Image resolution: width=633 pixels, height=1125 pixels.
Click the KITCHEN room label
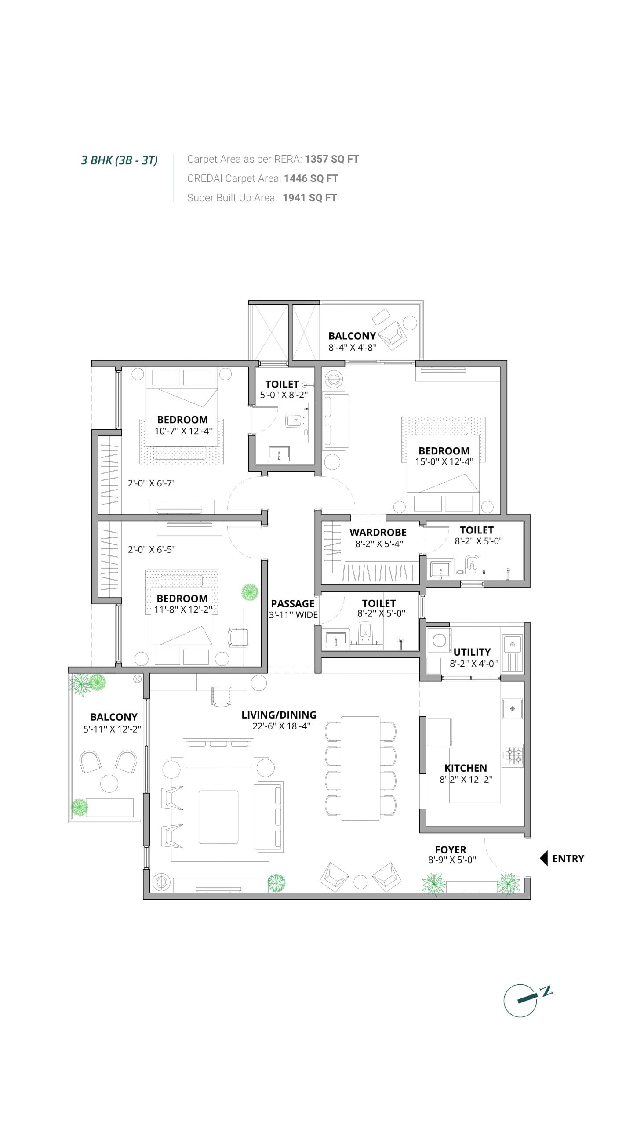[x=466, y=768]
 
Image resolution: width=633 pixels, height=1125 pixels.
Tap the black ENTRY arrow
[x=544, y=858]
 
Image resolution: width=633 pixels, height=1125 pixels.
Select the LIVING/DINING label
[x=279, y=715]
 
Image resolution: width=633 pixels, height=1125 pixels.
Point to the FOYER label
[x=451, y=849]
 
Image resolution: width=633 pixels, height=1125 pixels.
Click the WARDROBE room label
[x=378, y=532]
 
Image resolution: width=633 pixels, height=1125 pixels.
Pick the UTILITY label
[x=472, y=652]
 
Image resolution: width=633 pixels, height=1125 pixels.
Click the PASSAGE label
[x=293, y=604]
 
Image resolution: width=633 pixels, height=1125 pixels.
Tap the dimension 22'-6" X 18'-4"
[x=281, y=726]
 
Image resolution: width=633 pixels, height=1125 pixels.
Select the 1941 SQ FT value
[x=310, y=198]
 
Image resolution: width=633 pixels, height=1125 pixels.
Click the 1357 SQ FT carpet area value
[x=332, y=159]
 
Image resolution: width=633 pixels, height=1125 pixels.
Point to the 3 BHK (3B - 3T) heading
[x=119, y=160]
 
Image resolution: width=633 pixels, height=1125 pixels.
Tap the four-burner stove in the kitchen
[x=512, y=756]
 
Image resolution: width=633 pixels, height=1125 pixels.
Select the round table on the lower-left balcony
[x=109, y=784]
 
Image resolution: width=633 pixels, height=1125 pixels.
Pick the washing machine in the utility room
[x=440, y=640]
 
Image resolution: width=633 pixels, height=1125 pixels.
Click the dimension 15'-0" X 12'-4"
[x=444, y=461]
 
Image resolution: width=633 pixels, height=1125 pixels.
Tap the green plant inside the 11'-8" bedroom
[x=250, y=592]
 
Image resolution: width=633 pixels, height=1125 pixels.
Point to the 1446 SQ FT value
[x=311, y=178]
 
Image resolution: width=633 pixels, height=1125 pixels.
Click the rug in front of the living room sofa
[x=218, y=817]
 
